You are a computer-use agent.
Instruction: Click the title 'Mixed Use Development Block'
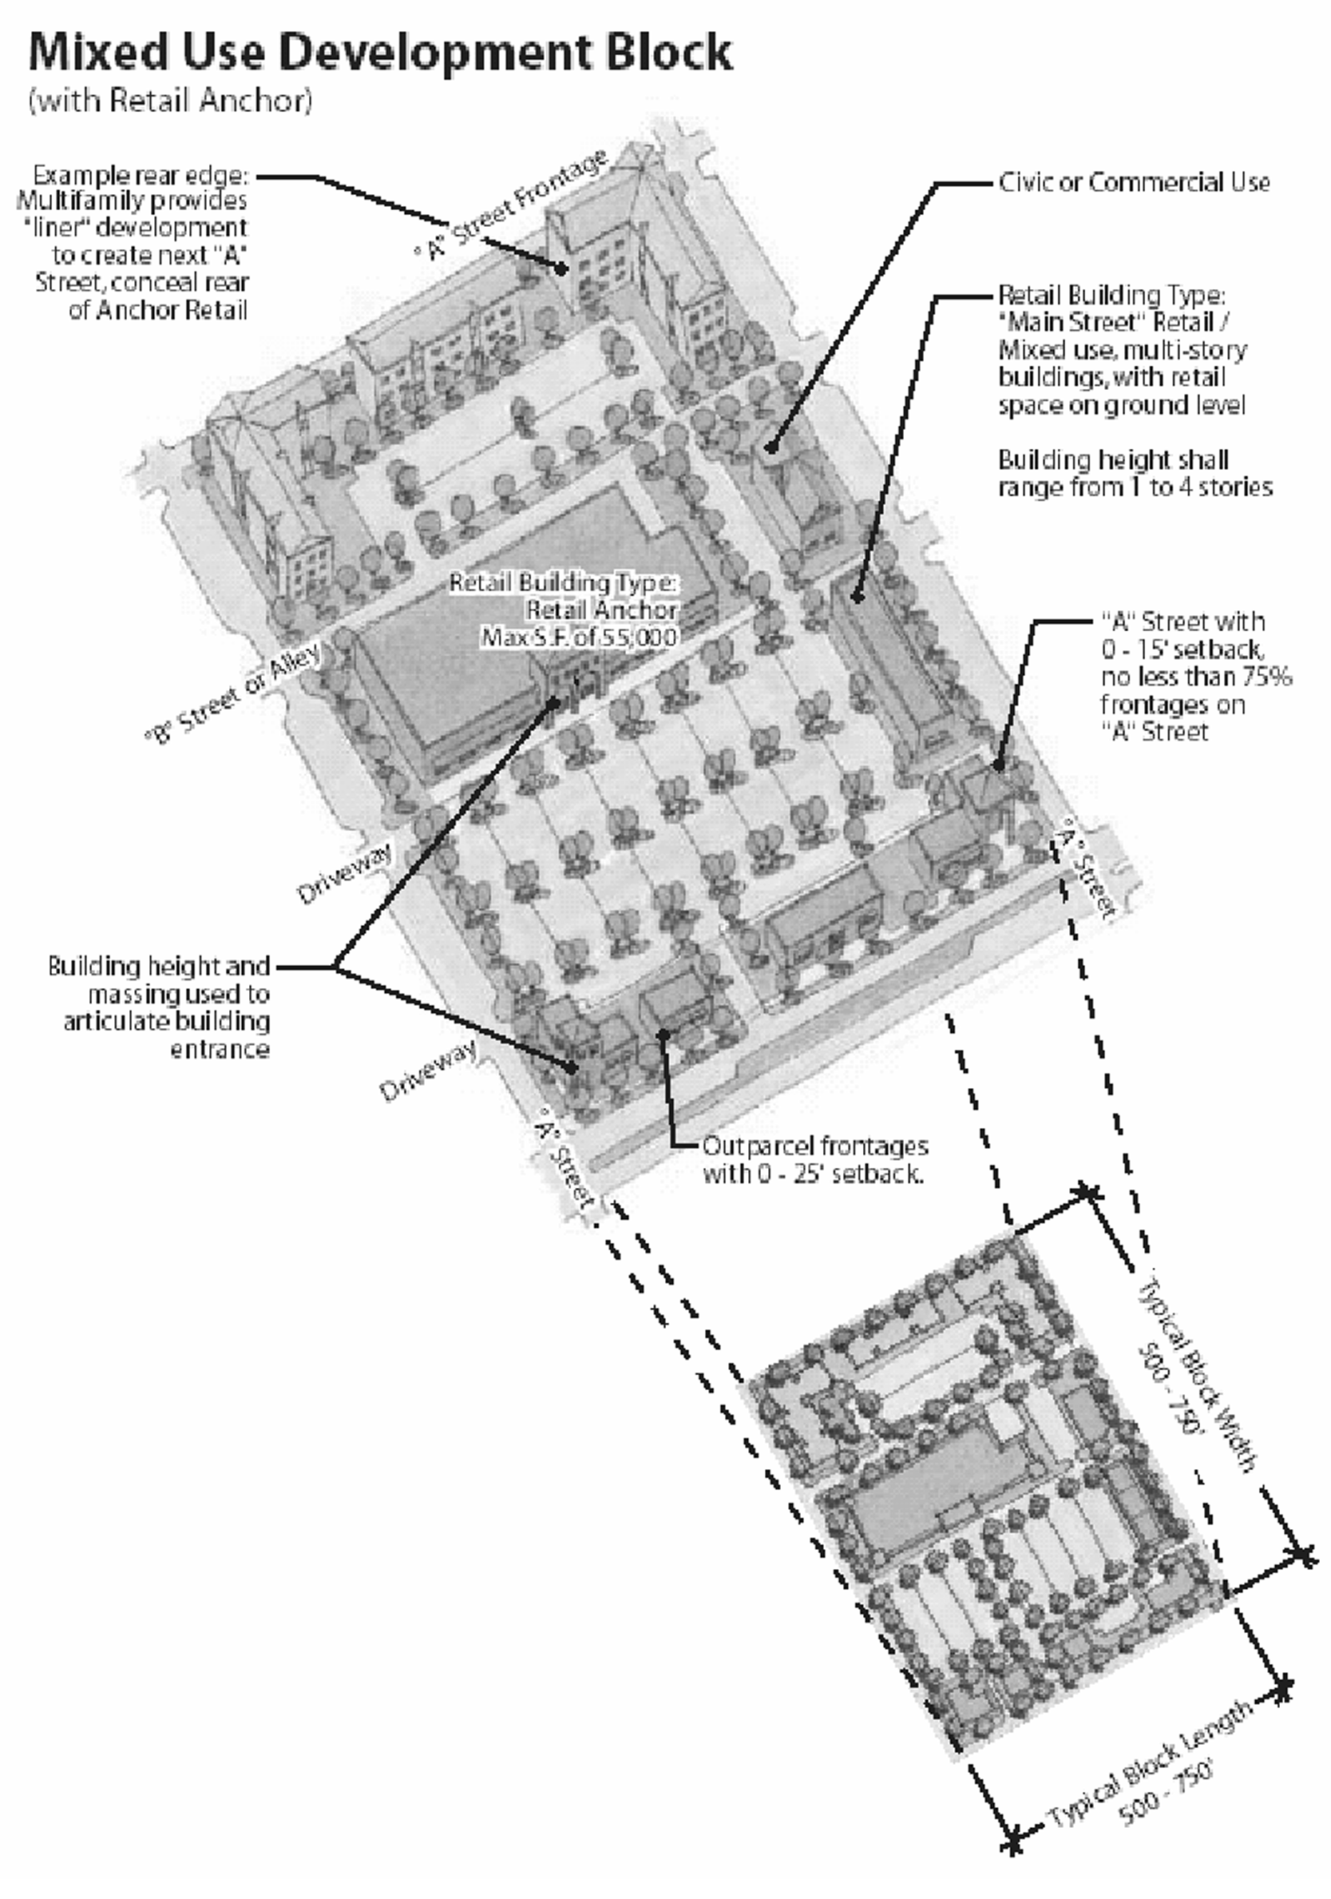[380, 53]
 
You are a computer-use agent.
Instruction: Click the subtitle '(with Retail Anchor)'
[170, 101]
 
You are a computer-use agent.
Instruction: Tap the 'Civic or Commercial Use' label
[1134, 183]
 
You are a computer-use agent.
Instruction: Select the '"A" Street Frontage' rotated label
[512, 206]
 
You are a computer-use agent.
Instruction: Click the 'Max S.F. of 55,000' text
[580, 637]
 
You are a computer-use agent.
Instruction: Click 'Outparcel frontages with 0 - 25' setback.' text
[814, 1158]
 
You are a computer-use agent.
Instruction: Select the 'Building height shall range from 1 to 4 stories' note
[1135, 473]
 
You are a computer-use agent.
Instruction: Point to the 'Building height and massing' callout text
[159, 1007]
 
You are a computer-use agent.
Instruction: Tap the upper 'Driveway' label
[344, 874]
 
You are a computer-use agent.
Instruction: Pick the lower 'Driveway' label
[427, 1071]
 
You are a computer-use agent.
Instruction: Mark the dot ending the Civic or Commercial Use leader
[770, 447]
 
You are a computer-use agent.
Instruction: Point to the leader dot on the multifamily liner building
[561, 268]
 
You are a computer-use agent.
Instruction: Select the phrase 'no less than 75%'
[1195, 677]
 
